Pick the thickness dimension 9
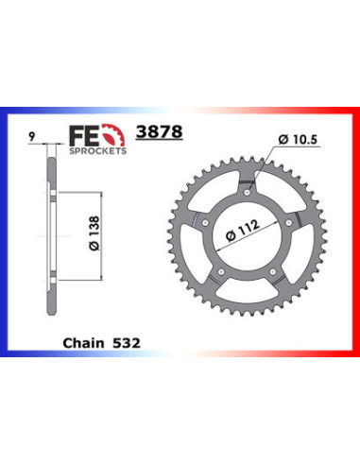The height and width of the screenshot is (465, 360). point(35,137)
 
